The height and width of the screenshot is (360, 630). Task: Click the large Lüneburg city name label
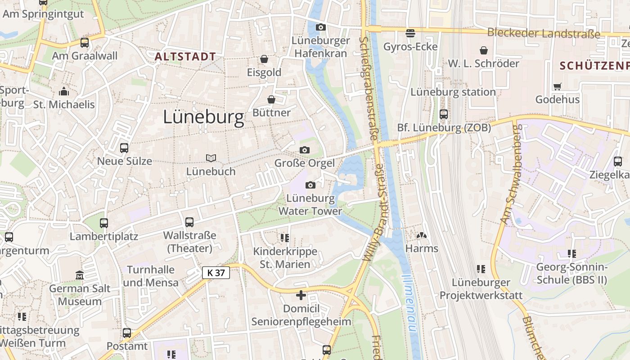click(203, 117)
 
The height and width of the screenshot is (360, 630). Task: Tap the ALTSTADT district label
click(185, 57)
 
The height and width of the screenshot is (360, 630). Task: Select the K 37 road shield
click(216, 272)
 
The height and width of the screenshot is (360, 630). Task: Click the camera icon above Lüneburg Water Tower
click(310, 185)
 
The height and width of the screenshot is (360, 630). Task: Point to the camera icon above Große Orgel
click(305, 150)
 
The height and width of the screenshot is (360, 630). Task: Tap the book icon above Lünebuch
click(211, 158)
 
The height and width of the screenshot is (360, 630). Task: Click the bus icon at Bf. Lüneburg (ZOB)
click(444, 114)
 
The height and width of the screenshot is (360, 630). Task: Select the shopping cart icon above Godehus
click(558, 86)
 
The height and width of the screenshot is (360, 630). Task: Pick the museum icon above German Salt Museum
click(80, 275)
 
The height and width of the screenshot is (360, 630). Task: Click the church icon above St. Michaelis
click(64, 91)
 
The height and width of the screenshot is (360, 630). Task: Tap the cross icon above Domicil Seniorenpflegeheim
click(301, 295)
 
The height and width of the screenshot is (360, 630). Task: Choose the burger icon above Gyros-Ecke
click(410, 33)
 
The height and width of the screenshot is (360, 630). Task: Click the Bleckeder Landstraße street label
click(544, 33)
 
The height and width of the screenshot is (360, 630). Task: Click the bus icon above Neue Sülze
click(124, 148)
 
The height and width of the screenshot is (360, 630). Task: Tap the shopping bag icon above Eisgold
click(264, 59)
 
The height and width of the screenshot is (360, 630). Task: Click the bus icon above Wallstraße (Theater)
click(189, 222)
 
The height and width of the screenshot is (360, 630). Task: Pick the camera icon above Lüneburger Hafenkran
click(320, 27)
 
